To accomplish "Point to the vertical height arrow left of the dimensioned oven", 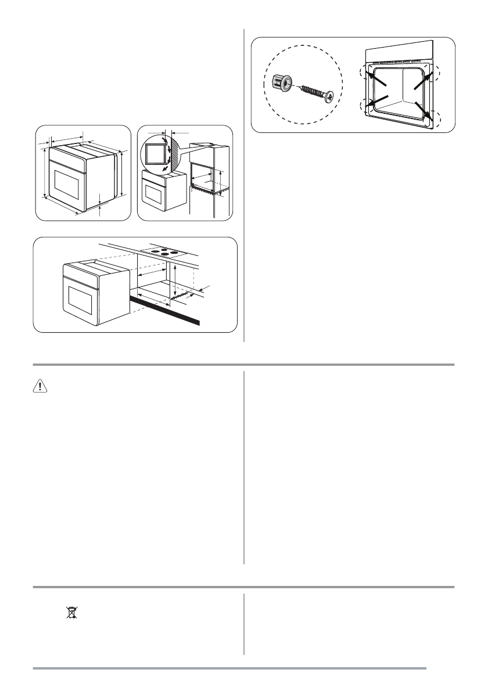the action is (x=45, y=172).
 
